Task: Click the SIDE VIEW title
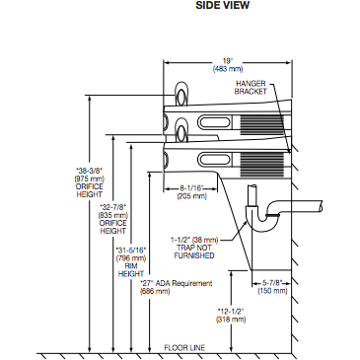click(x=223, y=5)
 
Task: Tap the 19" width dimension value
click(x=228, y=61)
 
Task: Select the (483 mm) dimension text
click(x=228, y=69)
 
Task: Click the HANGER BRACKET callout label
click(x=251, y=88)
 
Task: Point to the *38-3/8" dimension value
click(x=90, y=171)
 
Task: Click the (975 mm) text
click(x=90, y=179)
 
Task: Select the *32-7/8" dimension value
click(x=113, y=207)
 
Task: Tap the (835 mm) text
click(x=113, y=215)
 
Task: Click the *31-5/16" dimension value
click(x=131, y=250)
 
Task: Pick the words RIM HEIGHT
click(x=131, y=270)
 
